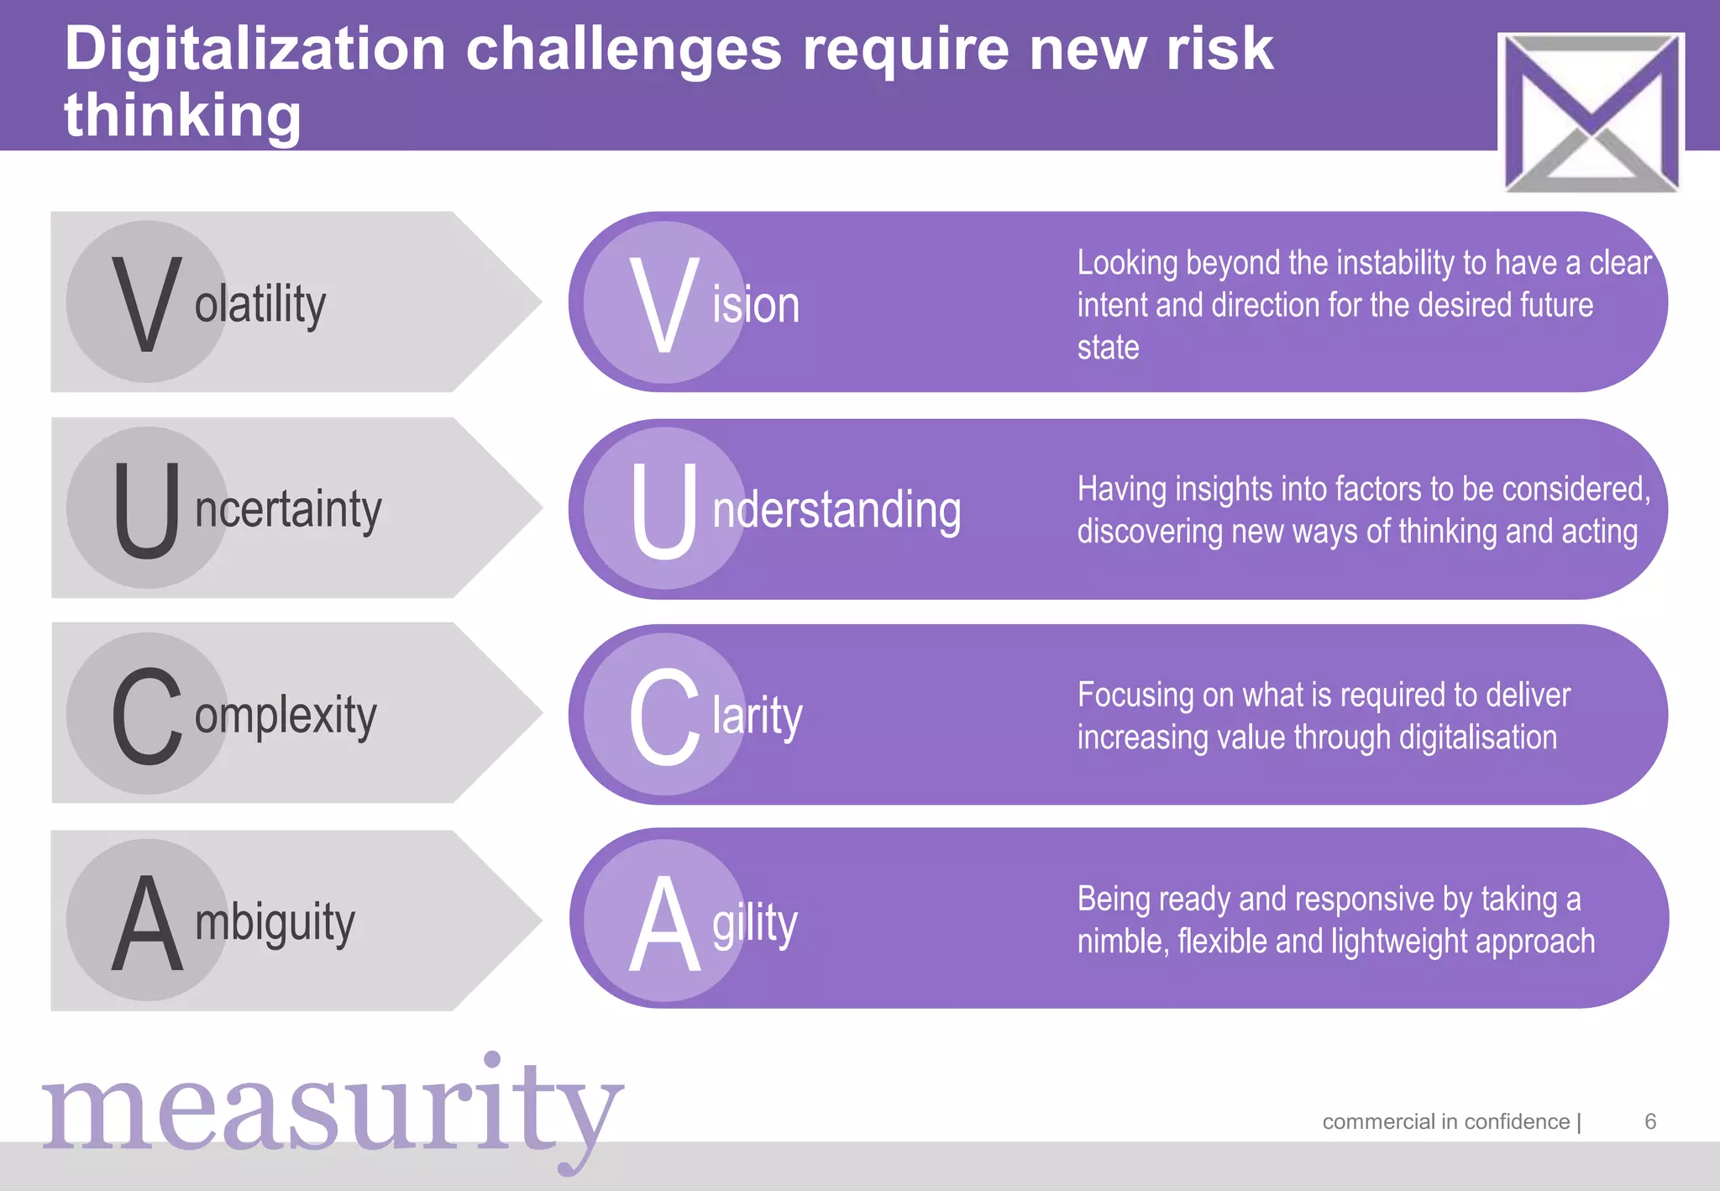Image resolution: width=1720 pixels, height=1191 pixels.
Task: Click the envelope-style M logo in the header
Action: point(1591,112)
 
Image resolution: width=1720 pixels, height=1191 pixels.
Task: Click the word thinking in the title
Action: point(182,115)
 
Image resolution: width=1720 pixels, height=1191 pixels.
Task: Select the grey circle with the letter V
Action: point(147,302)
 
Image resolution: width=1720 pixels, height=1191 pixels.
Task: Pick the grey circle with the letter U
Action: point(147,508)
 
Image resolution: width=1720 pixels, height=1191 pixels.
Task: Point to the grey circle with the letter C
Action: point(147,714)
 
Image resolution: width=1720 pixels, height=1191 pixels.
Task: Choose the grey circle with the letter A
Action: point(147,921)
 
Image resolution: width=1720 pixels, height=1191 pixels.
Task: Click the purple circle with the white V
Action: point(664,302)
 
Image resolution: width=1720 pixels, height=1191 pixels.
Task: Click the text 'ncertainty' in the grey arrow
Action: point(288,510)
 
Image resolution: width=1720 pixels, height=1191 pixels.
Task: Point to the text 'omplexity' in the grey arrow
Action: point(286,716)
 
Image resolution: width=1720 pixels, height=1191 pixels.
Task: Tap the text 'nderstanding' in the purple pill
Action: point(836,511)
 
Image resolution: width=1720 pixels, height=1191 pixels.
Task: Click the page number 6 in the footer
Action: point(1650,1121)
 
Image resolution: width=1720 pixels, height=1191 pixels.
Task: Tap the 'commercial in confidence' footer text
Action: point(1445,1121)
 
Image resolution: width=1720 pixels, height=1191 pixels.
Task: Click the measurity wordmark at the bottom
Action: point(333,1109)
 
